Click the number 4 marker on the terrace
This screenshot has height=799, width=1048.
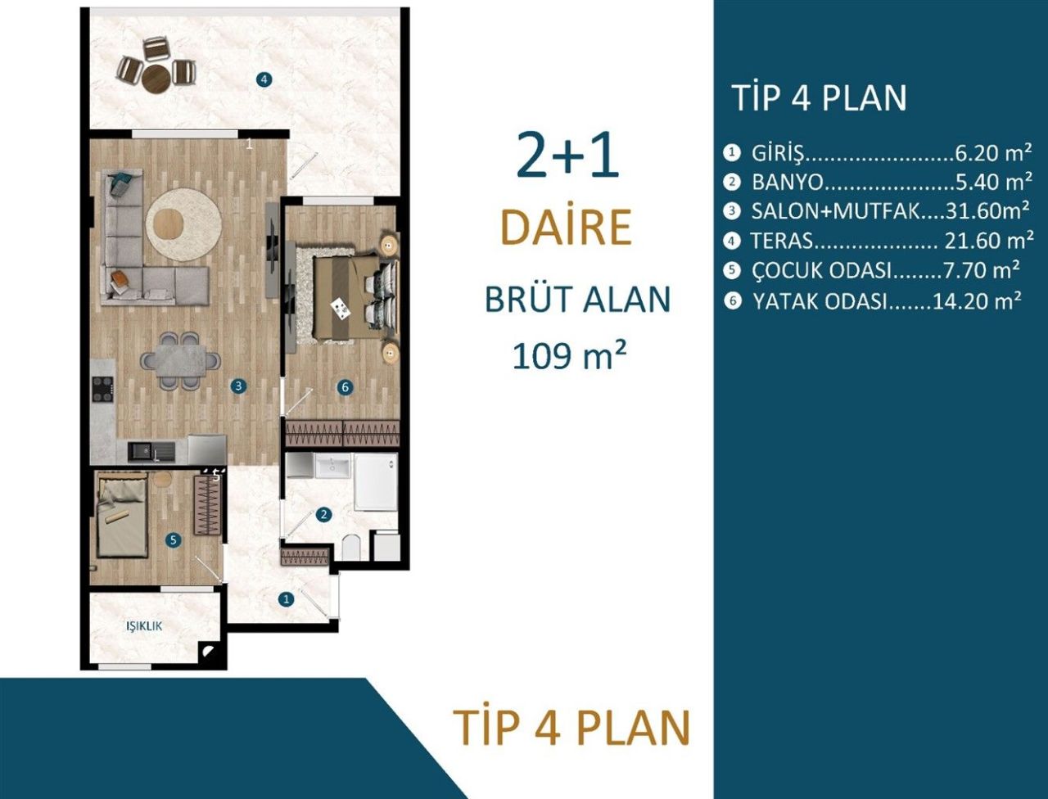click(263, 79)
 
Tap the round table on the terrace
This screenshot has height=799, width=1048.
click(156, 79)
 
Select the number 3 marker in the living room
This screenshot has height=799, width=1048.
click(238, 386)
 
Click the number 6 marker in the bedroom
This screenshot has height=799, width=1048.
click(345, 386)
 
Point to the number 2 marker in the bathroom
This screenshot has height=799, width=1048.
click(324, 515)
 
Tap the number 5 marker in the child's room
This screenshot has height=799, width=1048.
click(173, 540)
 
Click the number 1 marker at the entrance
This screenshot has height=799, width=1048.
click(286, 599)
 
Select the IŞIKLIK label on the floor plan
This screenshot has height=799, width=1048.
click(143, 626)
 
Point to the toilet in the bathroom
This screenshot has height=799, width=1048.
click(351, 547)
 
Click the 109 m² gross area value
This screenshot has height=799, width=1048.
click(569, 356)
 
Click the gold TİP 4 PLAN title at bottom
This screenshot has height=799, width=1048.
click(571, 727)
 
